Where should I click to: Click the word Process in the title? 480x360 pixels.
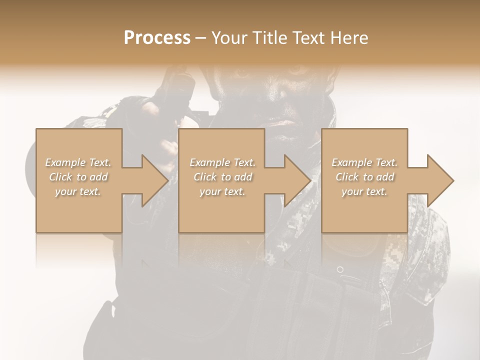coord(157,38)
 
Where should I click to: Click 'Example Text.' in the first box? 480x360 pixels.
coord(78,162)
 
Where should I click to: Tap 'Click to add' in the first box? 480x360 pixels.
coord(78,177)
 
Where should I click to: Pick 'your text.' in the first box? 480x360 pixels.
coord(78,191)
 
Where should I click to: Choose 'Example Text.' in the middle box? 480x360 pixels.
coord(222,162)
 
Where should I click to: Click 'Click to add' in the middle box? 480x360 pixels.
coord(222,177)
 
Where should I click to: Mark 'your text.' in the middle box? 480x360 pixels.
coord(222,191)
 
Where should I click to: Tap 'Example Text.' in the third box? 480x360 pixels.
coord(364,162)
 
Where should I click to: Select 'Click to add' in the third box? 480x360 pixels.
coord(364,177)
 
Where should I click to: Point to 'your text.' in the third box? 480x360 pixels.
coord(364,191)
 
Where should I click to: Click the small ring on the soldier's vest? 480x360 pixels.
coord(340,269)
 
